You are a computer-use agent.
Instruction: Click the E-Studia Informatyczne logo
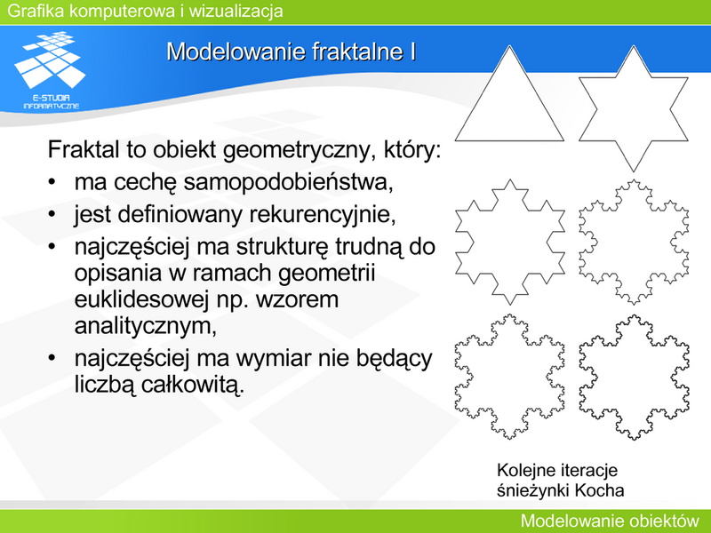coord(50,71)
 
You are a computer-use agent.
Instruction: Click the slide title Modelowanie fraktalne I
coord(292,52)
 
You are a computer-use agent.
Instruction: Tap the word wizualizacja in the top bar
coord(236,11)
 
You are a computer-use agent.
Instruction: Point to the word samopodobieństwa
coord(288,183)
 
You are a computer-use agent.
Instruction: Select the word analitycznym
coord(145,326)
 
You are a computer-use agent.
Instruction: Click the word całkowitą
coord(193,385)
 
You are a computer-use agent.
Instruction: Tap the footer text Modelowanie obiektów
coord(610,521)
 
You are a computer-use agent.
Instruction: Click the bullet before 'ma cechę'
coord(52,183)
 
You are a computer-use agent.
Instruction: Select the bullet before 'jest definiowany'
coord(52,214)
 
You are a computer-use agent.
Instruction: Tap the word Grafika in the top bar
coord(36,11)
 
